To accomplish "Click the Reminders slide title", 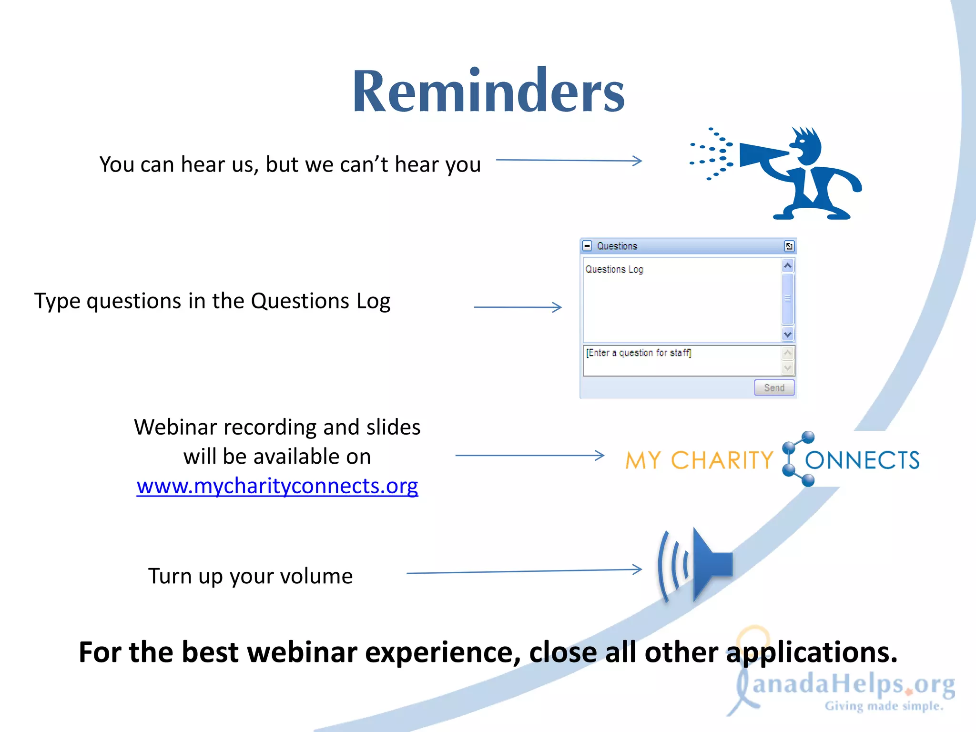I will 488,91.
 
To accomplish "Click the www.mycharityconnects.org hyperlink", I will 277,486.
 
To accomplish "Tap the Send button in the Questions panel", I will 774,388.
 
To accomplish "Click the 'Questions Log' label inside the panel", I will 614,269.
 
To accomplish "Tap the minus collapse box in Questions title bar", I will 588,246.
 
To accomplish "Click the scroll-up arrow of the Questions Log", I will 788,265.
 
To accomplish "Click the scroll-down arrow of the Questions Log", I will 788,335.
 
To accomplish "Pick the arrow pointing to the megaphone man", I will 569,161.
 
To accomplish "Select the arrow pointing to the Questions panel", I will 518,307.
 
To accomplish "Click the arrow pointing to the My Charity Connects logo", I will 529,456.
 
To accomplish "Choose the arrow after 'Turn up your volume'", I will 524,571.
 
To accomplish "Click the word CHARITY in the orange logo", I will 722,460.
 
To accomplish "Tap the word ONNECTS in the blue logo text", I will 862,460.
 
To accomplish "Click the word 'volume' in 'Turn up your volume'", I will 316,576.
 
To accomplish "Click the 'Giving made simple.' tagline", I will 884,706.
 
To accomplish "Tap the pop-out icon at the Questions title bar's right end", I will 789,246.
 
